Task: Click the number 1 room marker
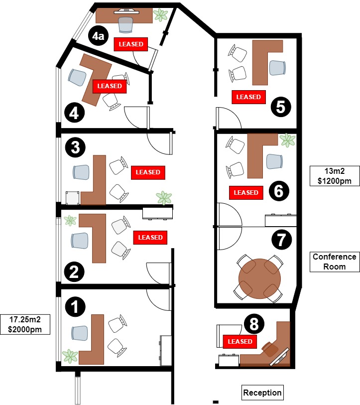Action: coord(75,306)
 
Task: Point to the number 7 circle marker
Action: coord(281,240)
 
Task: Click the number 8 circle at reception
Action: coord(254,324)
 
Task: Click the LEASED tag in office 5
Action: coord(248,97)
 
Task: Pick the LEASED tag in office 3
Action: coord(148,172)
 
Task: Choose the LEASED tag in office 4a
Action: coord(131,44)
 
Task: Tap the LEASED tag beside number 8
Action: coord(240,342)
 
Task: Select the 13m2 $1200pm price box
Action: coord(334,176)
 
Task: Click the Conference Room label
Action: coord(334,262)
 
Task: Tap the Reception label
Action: coord(262,393)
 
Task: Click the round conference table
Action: coord(260,277)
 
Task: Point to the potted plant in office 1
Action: coord(70,356)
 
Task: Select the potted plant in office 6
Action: coord(287,140)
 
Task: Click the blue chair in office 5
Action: coord(278,67)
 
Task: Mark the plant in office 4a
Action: coord(160,15)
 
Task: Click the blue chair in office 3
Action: coord(81,172)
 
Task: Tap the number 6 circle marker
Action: coord(278,190)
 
